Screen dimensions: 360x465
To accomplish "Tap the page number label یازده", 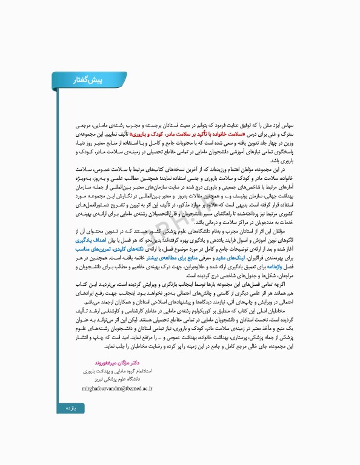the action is (x=73, y=410).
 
